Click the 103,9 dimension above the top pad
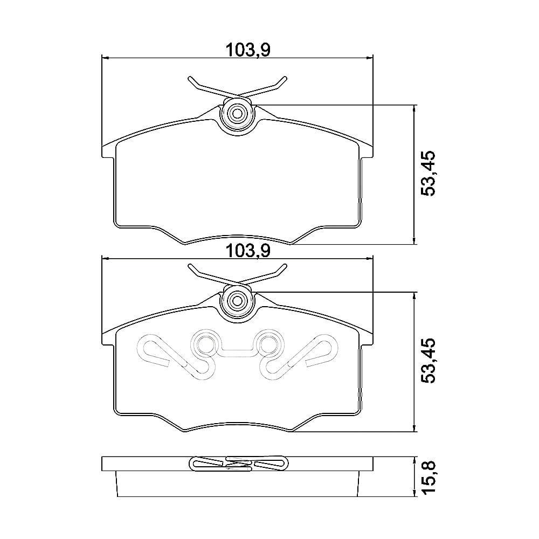click(248, 50)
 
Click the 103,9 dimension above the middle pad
click(248, 251)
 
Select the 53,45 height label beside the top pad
click(429, 173)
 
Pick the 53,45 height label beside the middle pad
click(429, 361)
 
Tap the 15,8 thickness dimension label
click(429, 477)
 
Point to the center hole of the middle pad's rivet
click(237, 301)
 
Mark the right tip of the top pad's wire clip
click(285, 78)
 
